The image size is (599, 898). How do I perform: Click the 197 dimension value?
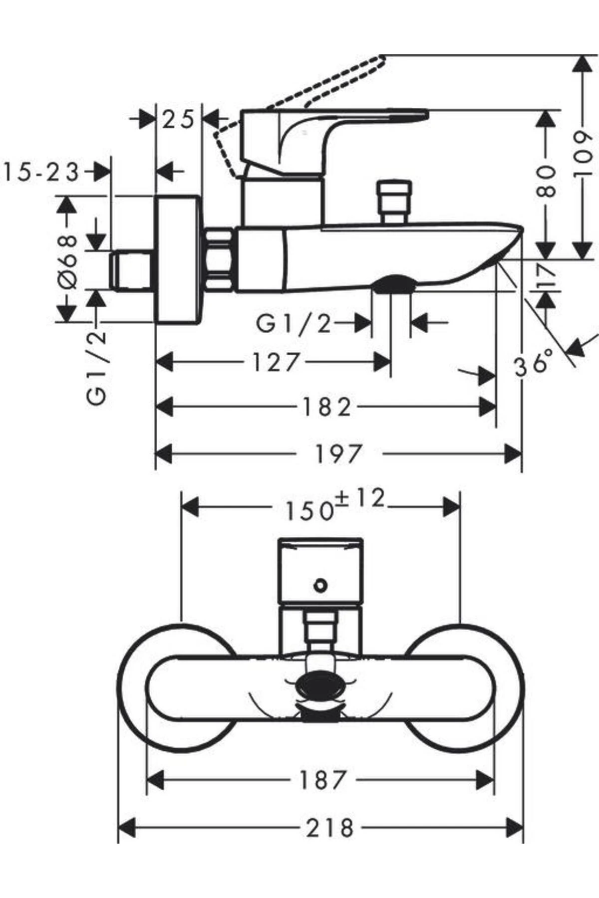tap(338, 453)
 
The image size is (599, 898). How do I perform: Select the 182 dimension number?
tap(327, 407)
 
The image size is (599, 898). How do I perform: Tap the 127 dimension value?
tap(276, 362)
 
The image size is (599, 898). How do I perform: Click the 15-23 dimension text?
tap(41, 173)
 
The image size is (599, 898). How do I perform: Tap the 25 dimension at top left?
tap(178, 120)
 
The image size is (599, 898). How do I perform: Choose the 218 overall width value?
tap(329, 828)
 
